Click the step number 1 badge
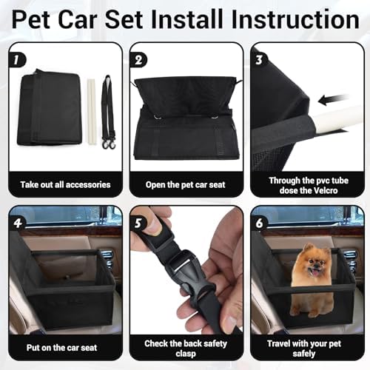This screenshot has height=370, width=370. click(x=18, y=57)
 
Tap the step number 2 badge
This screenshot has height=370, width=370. click(x=138, y=57)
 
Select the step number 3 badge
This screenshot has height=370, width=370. click(x=260, y=57)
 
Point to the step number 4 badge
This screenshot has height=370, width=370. click(x=18, y=220)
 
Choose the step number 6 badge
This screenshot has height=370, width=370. click(x=260, y=220)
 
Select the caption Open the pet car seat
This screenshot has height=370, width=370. click(x=185, y=184)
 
